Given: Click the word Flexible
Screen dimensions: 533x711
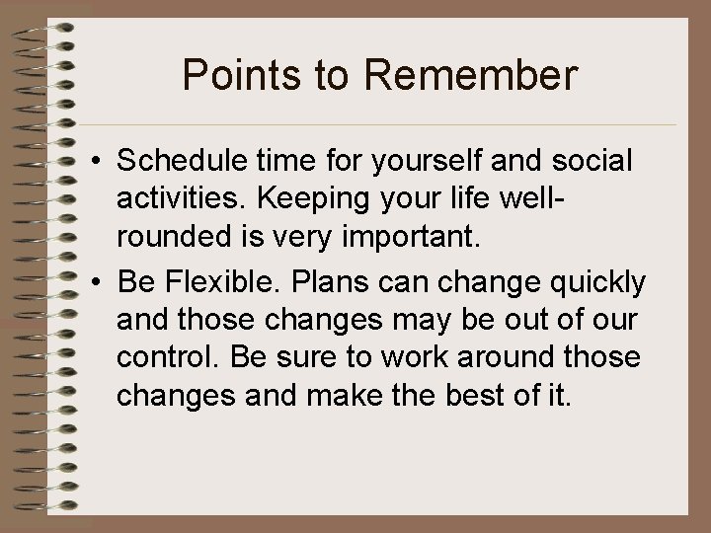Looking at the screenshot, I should click(218, 282).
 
